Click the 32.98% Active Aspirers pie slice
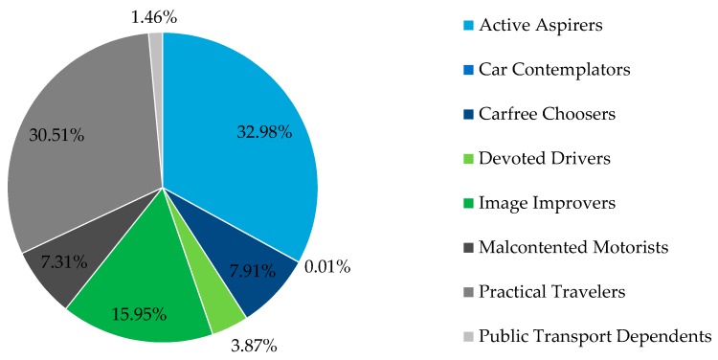pyautogui.click(x=239, y=124)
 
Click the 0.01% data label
pyautogui.click(x=327, y=267)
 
